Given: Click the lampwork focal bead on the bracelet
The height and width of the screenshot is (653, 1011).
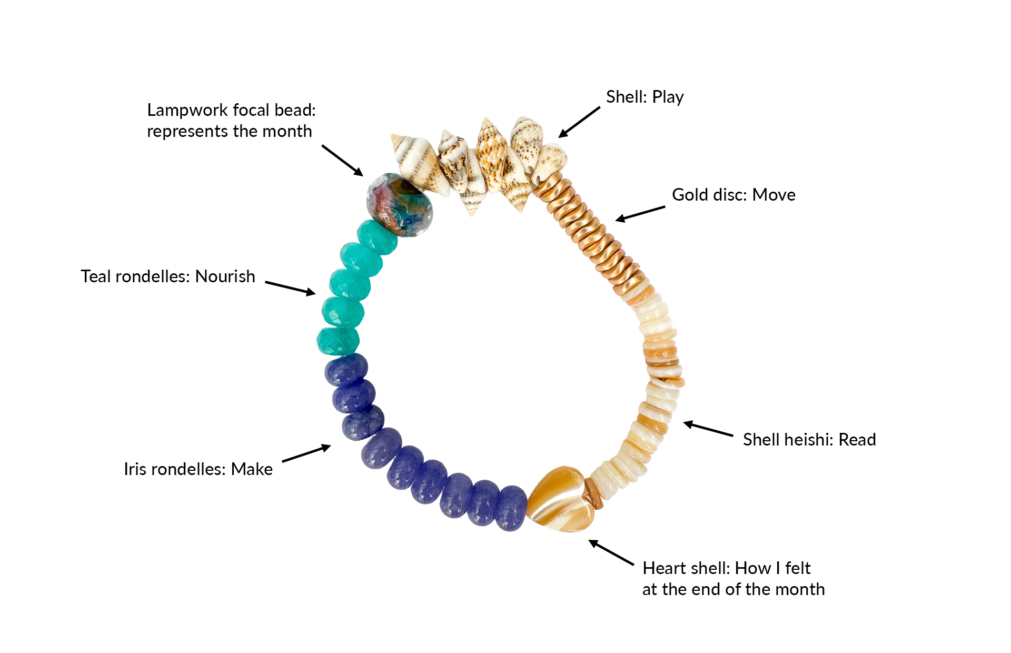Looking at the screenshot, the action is (400, 204).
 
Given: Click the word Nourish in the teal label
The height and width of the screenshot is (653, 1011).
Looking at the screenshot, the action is (225, 276).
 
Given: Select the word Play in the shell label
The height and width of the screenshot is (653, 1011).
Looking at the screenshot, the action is (668, 97).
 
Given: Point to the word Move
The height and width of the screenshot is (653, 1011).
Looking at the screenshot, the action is (774, 195).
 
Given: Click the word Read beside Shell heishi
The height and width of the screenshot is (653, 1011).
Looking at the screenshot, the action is (857, 440).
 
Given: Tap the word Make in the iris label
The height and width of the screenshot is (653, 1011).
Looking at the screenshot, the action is (252, 469).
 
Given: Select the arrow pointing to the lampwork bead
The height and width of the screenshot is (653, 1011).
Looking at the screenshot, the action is (342, 160).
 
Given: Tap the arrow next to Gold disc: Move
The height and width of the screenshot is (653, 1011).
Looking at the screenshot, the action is (640, 213).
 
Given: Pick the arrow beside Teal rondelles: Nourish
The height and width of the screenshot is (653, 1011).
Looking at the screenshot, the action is (290, 288).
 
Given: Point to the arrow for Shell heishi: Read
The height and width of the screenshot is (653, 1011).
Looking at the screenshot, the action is (708, 429).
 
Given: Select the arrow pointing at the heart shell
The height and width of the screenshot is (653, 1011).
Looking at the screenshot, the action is (611, 552).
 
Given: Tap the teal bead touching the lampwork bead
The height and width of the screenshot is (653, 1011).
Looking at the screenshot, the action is (376, 236).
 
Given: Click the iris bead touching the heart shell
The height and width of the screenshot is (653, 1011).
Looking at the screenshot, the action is (510, 508).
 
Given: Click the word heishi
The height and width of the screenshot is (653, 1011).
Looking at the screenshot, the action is (809, 440).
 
